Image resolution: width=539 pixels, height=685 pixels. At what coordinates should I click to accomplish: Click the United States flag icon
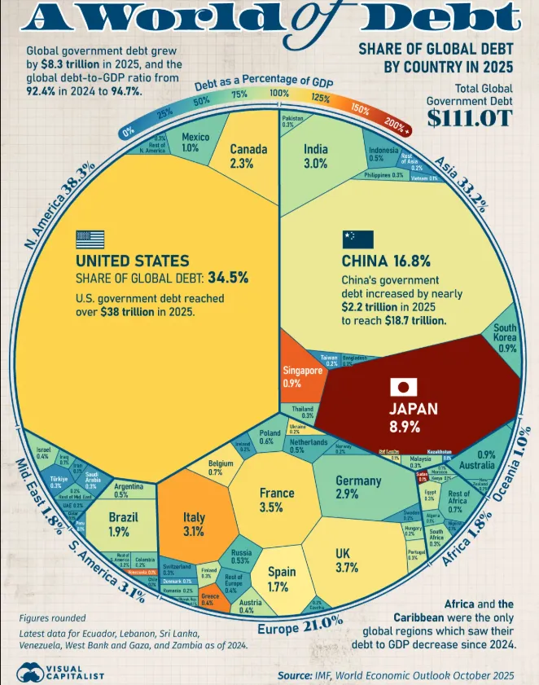[x=90, y=239]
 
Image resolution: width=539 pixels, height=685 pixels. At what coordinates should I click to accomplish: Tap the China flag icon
[x=357, y=239]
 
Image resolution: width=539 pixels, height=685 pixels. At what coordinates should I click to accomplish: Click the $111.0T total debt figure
[x=470, y=118]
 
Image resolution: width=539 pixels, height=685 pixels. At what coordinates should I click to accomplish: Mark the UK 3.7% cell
[x=347, y=560]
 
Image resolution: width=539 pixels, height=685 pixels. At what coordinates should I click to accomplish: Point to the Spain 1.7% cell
[x=283, y=578]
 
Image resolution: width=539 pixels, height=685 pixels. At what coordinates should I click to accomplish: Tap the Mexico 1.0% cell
[x=190, y=142]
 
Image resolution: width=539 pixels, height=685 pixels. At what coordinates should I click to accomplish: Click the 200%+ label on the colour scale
[x=397, y=125]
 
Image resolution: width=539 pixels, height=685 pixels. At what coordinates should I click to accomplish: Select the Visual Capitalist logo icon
[x=30, y=673]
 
